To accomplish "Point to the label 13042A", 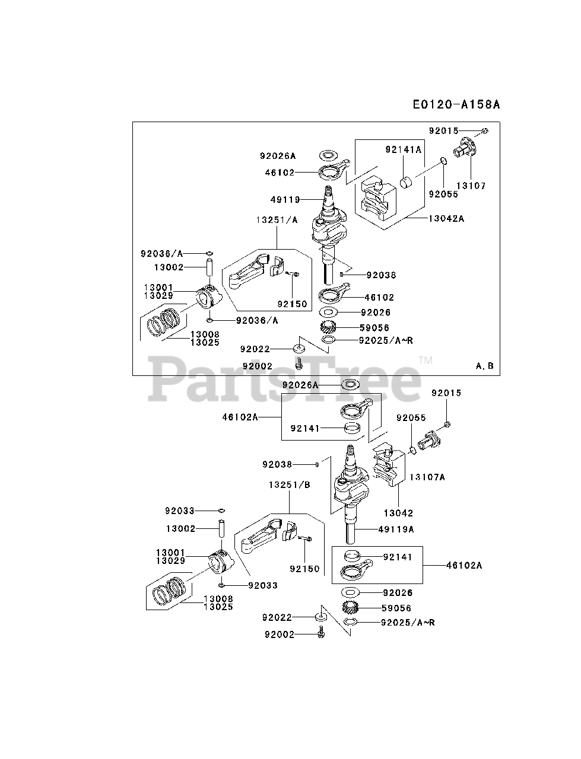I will pyautogui.click(x=446, y=218).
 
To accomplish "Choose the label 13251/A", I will pyautogui.click(x=277, y=219).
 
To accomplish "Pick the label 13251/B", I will pyautogui.click(x=289, y=484).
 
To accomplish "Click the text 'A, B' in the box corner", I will pyautogui.click(x=484, y=366).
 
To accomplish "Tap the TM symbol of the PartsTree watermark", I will pyautogui.click(x=425, y=360).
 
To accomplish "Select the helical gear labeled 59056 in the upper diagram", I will pyautogui.click(x=329, y=327).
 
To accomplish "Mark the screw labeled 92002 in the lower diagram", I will pyautogui.click(x=321, y=634).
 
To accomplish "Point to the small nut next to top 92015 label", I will pyautogui.click(x=484, y=131).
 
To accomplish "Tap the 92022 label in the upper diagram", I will pyautogui.click(x=255, y=349).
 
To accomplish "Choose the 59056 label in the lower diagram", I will pyautogui.click(x=397, y=608).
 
